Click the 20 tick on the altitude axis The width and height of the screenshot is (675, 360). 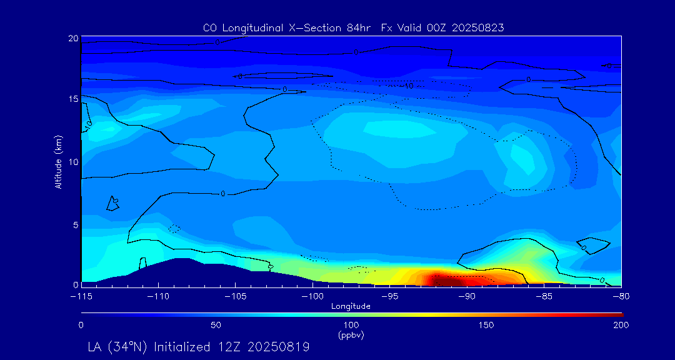(73, 39)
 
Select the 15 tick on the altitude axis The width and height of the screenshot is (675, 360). (73, 99)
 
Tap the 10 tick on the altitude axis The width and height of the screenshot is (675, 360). (73, 162)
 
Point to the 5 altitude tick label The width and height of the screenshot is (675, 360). (75, 224)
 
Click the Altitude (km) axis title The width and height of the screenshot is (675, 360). (59, 162)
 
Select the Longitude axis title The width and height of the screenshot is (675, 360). (351, 306)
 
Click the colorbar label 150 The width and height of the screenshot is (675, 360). (486, 325)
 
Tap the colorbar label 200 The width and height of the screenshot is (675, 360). (621, 325)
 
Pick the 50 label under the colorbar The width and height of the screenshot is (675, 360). (216, 325)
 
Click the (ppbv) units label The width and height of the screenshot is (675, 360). (351, 335)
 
